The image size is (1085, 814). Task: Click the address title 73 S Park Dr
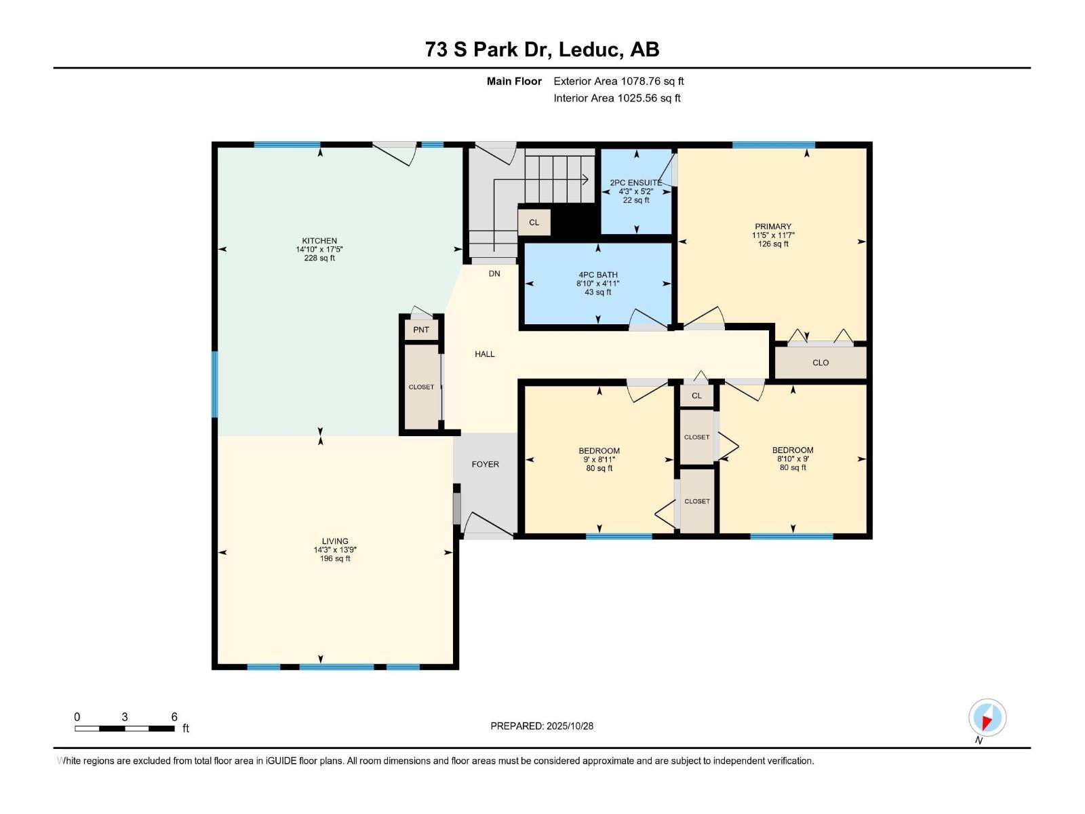(x=542, y=50)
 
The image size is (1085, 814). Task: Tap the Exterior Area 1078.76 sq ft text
(x=618, y=81)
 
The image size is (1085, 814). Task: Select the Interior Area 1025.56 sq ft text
(x=616, y=98)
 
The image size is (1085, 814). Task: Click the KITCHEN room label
(x=319, y=241)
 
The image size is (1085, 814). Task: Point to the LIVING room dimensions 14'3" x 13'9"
(x=335, y=550)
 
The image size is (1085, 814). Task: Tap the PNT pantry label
(x=421, y=330)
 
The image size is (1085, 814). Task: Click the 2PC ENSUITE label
(x=635, y=182)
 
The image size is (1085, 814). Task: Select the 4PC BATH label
(x=597, y=275)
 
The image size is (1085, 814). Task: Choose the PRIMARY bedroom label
(x=773, y=227)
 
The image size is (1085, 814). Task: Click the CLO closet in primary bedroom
(x=821, y=363)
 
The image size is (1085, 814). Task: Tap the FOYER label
(x=485, y=465)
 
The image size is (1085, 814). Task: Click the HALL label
(x=484, y=354)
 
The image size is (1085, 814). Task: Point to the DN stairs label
(x=494, y=274)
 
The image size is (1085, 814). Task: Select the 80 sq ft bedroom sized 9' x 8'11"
(x=599, y=459)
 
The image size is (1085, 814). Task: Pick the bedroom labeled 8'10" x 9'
(x=793, y=459)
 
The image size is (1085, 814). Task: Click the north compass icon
(x=987, y=718)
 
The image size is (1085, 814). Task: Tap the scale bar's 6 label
(x=174, y=717)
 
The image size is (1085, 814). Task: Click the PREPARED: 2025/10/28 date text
(x=542, y=726)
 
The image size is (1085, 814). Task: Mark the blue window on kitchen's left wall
(x=215, y=384)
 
